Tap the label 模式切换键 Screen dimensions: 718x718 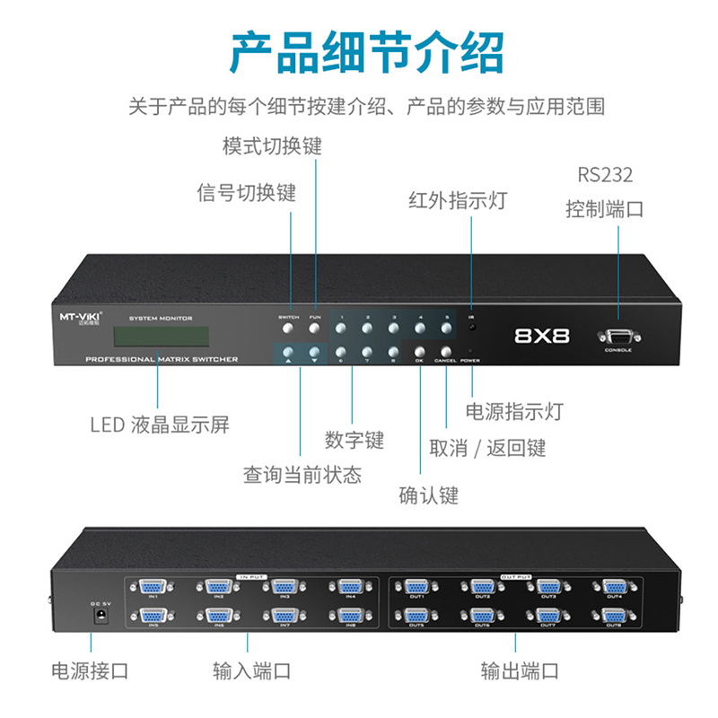click(x=272, y=146)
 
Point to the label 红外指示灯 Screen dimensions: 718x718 click(x=457, y=200)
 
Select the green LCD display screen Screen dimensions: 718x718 click(x=161, y=337)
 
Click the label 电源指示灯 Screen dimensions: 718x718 click(x=514, y=411)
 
